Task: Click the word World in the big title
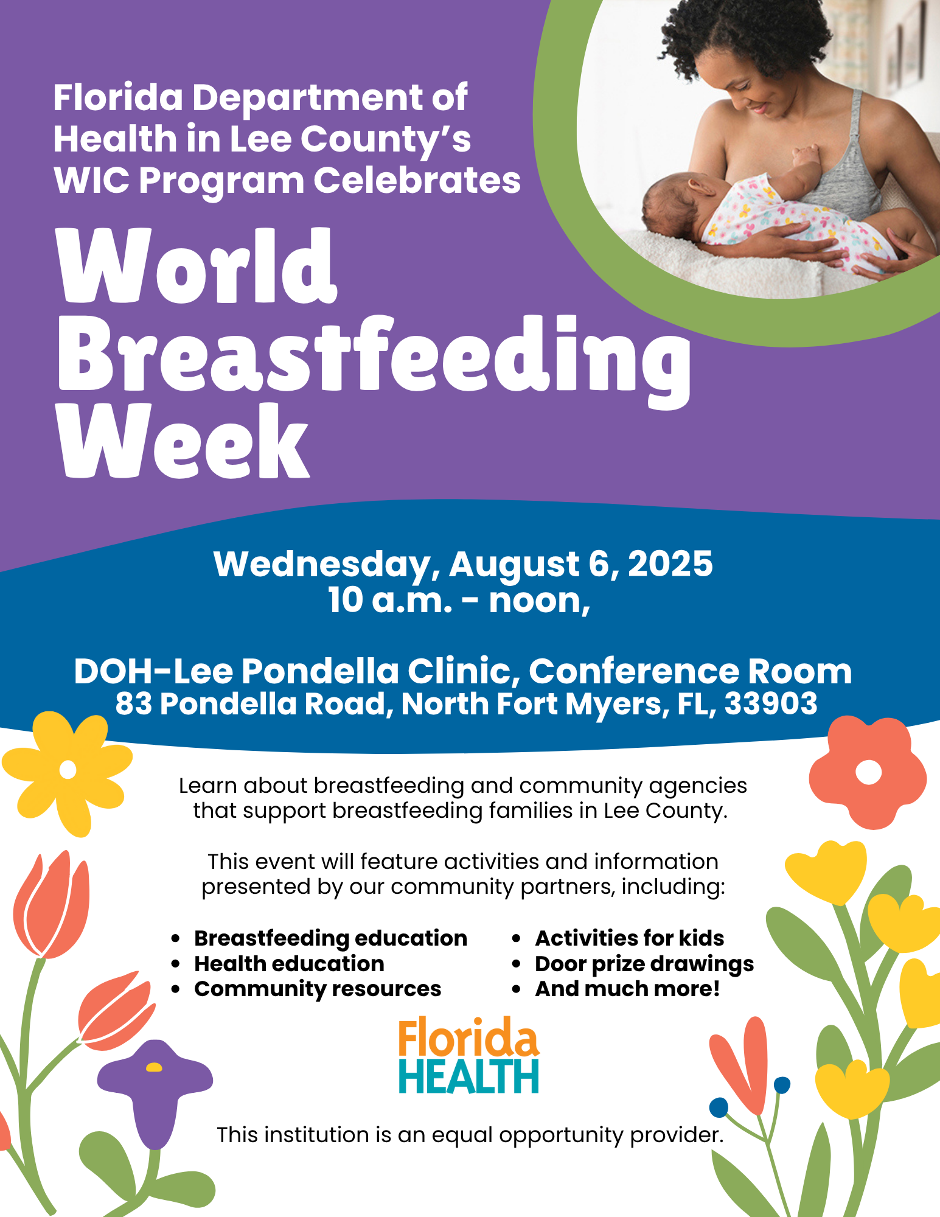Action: (x=197, y=265)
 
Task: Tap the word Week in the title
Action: (x=184, y=441)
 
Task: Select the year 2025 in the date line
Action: (x=670, y=563)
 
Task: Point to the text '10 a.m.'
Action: (x=390, y=600)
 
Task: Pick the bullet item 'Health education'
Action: (x=289, y=964)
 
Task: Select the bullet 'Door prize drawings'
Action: (x=644, y=964)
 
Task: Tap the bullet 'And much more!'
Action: (x=627, y=989)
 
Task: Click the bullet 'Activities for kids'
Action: (x=630, y=938)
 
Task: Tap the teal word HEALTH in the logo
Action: (x=468, y=1076)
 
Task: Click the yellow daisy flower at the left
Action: (x=67, y=772)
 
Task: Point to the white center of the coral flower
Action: (x=868, y=773)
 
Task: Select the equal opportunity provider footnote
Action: (x=470, y=1135)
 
